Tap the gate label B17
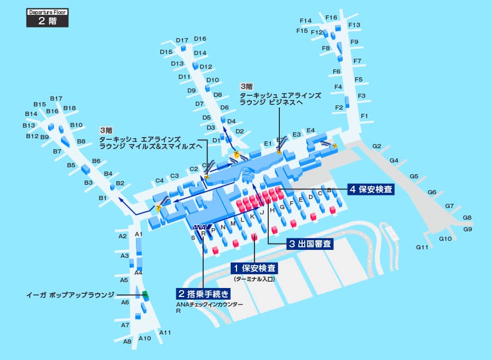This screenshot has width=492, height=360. (57, 98)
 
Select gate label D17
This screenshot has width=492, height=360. (182, 40)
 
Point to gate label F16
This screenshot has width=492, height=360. (331, 17)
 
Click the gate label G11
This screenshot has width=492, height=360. (422, 247)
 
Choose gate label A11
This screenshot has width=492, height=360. (165, 332)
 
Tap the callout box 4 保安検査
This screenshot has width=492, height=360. (371, 189)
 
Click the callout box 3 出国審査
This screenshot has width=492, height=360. (310, 244)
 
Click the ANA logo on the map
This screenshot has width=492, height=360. (200, 228)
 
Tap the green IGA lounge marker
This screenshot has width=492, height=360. (145, 295)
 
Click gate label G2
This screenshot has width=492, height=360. (377, 146)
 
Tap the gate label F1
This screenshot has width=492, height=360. (364, 116)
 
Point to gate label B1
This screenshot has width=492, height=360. (103, 198)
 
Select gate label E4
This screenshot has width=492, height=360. (311, 130)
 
